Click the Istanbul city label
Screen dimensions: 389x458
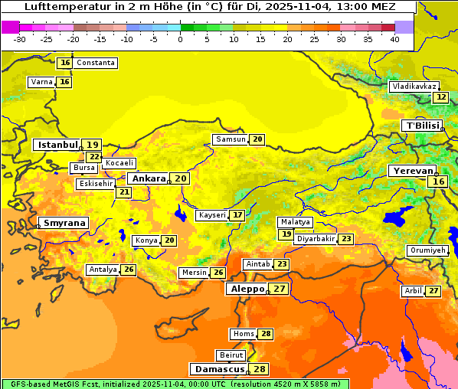(x=57, y=145)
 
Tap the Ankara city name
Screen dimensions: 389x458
(x=147, y=178)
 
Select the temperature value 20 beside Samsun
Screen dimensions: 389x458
(x=257, y=139)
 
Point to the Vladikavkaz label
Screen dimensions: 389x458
(x=414, y=87)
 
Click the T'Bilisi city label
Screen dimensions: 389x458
(x=422, y=126)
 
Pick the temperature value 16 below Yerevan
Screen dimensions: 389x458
(x=438, y=181)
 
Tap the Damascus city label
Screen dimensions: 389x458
(x=219, y=369)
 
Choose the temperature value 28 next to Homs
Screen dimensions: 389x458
(x=266, y=334)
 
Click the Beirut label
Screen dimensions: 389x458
(x=231, y=355)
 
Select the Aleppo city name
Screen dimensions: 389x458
(x=247, y=289)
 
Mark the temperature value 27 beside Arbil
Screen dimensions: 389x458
(x=433, y=291)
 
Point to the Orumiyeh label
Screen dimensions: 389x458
(x=427, y=250)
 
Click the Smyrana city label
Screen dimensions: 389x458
(x=64, y=223)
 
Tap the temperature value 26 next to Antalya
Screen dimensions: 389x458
(x=129, y=270)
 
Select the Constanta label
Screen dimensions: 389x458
(x=96, y=63)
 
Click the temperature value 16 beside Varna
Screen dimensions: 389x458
(x=64, y=82)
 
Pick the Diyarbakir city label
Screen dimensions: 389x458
(x=316, y=239)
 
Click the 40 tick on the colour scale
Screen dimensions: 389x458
(x=394, y=39)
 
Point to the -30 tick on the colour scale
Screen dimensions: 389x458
(x=20, y=39)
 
